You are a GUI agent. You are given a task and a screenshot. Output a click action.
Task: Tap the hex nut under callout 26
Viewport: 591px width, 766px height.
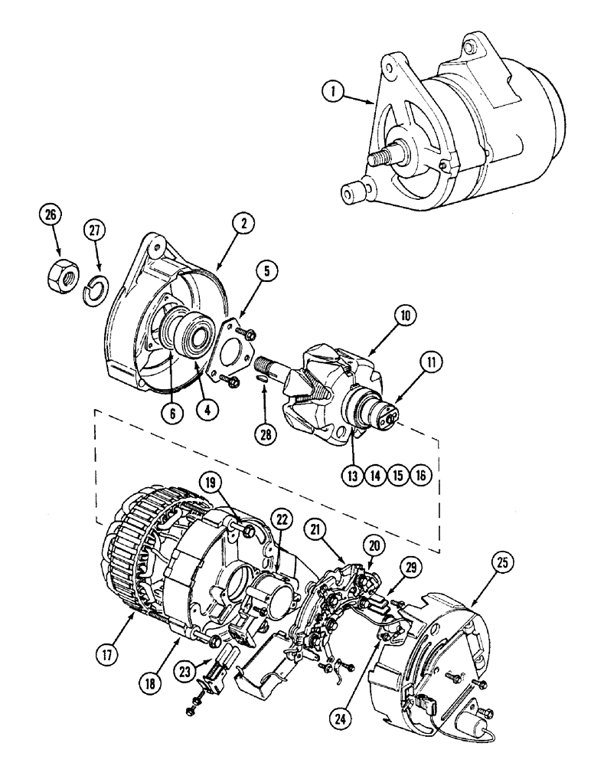click(x=60, y=272)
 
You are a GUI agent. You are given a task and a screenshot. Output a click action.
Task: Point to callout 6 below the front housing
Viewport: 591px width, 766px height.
click(x=172, y=411)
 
